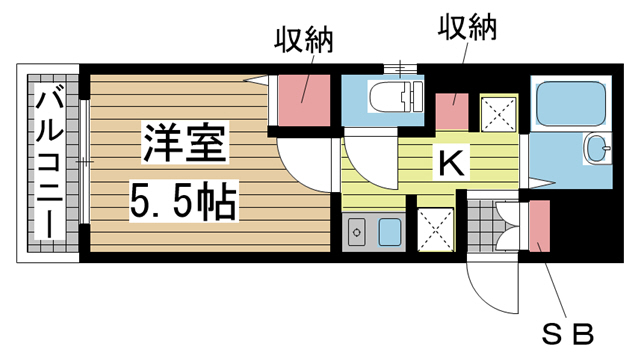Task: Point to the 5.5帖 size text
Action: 182,203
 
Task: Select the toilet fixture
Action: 391,98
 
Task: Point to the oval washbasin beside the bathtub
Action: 599,150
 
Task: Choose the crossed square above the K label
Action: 498,114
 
